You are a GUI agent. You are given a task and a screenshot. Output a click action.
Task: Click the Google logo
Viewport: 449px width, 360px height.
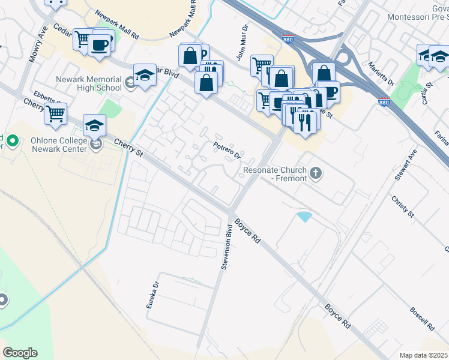point(20,353)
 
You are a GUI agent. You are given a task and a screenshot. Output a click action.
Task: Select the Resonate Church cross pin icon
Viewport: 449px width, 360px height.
point(316,175)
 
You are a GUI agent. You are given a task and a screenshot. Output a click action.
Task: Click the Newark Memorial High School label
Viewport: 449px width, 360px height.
point(88,83)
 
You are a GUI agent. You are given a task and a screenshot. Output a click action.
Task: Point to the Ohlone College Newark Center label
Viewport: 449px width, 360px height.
point(55,145)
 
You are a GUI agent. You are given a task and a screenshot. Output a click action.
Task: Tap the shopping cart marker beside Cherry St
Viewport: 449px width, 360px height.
point(56,113)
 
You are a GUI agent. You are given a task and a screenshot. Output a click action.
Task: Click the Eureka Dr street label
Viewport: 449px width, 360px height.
point(152,296)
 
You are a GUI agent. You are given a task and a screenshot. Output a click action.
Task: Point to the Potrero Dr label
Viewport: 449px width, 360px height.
point(228,150)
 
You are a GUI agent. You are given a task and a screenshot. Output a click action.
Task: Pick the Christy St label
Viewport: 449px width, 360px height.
point(402,206)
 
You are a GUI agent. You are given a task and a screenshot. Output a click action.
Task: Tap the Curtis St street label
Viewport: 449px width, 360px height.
point(426,95)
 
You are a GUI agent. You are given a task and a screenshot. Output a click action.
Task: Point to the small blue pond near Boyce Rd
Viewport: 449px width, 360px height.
point(304,217)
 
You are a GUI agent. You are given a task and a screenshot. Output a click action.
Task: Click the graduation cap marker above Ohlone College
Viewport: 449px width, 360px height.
point(94,125)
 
